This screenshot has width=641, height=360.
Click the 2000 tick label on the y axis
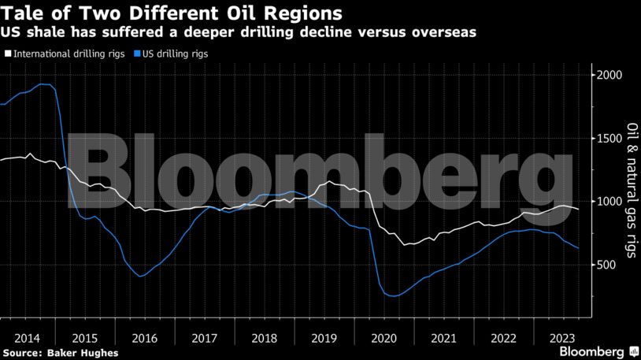pyautogui.click(x=610, y=75)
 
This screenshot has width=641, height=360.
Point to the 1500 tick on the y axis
pyautogui.click(x=610, y=138)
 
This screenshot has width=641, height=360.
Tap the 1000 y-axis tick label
pyautogui.click(x=610, y=202)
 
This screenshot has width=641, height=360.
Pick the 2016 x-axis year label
pyautogui.click(x=144, y=337)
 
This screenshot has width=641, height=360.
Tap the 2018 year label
pyautogui.click(x=265, y=337)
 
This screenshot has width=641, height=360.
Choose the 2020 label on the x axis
pyautogui.click(x=385, y=337)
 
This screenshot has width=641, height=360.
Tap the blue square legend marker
pyautogui.click(x=138, y=54)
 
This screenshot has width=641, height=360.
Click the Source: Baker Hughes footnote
pyautogui.click(x=60, y=353)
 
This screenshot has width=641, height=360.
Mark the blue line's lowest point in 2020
pyautogui.click(x=391, y=296)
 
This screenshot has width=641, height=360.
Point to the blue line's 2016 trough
pyautogui.click(x=140, y=276)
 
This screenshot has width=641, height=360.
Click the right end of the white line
pyautogui.click(x=579, y=210)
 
